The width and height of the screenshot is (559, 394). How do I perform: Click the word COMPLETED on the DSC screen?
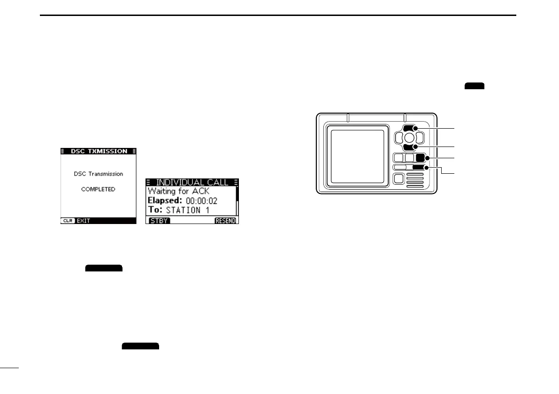click(98, 189)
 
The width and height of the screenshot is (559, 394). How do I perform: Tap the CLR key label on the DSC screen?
click(68, 220)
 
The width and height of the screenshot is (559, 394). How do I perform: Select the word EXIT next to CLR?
click(83, 220)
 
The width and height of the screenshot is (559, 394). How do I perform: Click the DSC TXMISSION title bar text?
click(99, 151)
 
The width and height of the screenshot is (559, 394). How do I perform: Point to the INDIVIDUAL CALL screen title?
click(192, 182)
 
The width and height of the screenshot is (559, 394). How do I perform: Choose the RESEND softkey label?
click(226, 220)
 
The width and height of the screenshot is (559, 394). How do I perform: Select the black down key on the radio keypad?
click(409, 147)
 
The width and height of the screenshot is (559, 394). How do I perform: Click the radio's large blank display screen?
click(359, 157)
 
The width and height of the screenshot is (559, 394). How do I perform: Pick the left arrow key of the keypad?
click(398, 138)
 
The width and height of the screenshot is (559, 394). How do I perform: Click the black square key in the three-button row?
click(421, 158)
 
